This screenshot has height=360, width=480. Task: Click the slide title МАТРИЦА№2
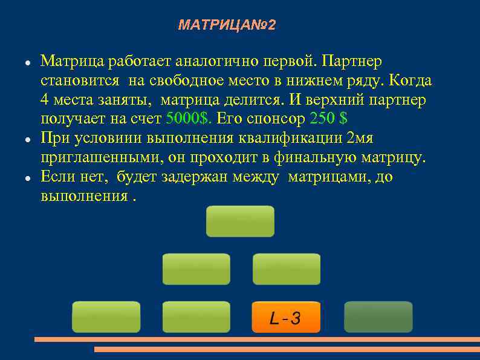(227, 25)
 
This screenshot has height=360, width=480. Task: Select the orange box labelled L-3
(286, 317)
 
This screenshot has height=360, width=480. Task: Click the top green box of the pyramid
(240, 221)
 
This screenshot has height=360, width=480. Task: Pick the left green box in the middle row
(196, 269)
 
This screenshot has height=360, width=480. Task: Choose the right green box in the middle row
(286, 269)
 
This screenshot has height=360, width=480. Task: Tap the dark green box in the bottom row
(378, 317)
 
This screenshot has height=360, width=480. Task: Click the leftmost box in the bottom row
(106, 317)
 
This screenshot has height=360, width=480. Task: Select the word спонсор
(277, 119)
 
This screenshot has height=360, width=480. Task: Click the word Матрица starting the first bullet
(65, 62)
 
